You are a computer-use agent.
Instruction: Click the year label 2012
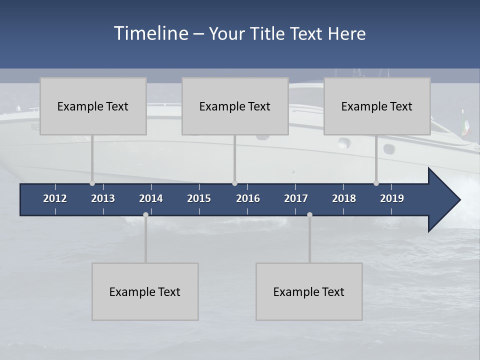coord(55,198)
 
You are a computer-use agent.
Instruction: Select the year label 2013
coord(103,198)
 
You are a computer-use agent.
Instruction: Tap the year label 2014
coord(151,198)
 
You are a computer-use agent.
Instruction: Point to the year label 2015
coord(199,198)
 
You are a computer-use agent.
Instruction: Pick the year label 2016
coord(248,198)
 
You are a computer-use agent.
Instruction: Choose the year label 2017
coord(296,198)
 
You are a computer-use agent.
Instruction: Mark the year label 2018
coord(344,198)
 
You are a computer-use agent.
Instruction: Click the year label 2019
coord(392,198)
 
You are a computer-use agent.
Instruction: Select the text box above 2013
coord(93,106)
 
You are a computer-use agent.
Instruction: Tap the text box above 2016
coord(235,106)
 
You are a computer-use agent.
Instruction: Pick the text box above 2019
coord(377,106)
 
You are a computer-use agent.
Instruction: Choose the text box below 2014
coord(145,291)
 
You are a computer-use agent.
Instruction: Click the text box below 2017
coord(309,291)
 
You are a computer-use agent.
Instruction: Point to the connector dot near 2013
coord(92,183)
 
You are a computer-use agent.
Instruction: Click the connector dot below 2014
coord(145,214)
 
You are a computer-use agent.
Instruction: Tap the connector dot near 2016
coord(234,183)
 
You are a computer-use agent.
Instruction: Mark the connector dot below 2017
coord(309,214)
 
